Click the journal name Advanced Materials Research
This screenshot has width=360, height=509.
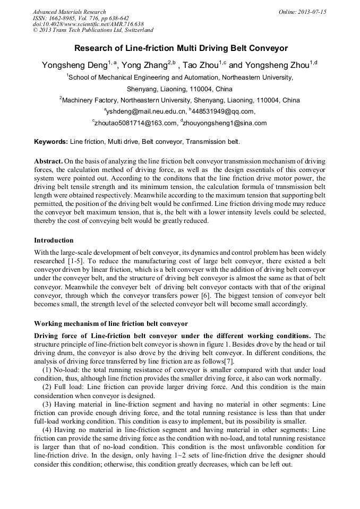point(69,12)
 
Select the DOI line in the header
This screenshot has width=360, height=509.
point(88,24)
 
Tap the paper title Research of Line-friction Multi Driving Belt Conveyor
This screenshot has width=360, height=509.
point(180,48)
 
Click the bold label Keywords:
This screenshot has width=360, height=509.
point(51,142)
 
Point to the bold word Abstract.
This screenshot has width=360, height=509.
point(48,161)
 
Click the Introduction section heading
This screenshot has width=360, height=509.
point(54,240)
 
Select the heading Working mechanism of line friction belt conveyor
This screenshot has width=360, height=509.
point(111,323)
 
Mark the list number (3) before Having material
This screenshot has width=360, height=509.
point(47,404)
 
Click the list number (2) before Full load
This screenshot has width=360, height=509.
point(47,387)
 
